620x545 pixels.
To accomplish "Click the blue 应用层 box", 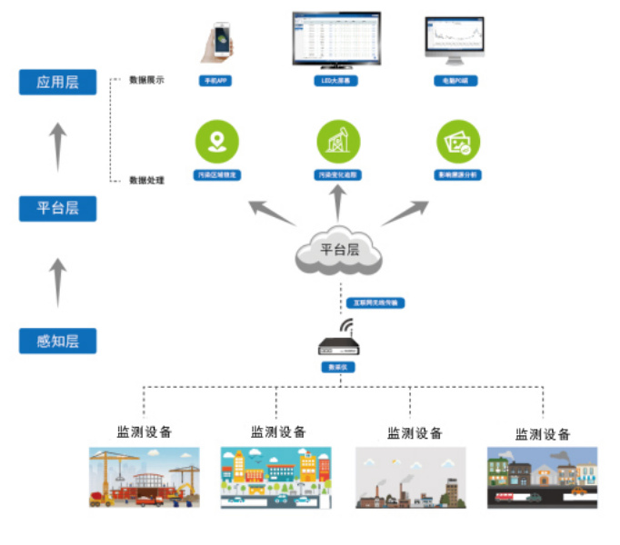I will [57, 82].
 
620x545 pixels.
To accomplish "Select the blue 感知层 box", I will [57, 342].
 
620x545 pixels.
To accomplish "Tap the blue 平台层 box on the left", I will [57, 208].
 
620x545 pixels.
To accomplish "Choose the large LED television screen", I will [336, 38].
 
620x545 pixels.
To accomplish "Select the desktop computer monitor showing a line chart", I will [455, 40].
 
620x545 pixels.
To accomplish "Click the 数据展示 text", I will [146, 80].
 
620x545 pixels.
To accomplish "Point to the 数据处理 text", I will [146, 181].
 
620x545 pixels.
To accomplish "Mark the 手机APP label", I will [216, 81].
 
